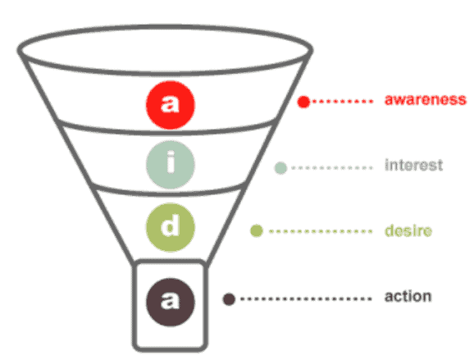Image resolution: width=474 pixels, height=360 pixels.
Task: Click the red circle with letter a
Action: point(171,105)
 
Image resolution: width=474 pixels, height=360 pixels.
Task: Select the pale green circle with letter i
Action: point(171,165)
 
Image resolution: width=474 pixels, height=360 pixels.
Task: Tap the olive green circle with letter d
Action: point(171,227)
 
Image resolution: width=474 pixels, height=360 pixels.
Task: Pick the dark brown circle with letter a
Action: point(171,302)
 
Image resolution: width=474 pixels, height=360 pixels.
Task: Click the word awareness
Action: point(426,99)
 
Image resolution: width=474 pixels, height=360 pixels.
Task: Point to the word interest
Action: point(413,165)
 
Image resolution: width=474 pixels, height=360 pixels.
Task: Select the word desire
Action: point(408,230)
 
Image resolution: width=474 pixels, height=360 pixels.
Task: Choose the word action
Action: point(408,296)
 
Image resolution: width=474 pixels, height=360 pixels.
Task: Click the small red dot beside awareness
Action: point(303,102)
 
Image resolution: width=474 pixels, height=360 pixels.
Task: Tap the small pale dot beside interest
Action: point(280,168)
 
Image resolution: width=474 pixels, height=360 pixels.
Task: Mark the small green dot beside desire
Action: point(257,231)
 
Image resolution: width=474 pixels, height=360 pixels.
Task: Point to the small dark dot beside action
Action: point(229,299)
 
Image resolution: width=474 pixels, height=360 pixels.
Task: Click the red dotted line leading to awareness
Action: point(343,102)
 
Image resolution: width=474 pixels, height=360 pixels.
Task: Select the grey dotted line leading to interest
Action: point(331,168)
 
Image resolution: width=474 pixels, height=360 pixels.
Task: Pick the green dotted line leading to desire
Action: point(321,231)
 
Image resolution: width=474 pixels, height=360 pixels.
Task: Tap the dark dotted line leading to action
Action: point(306,299)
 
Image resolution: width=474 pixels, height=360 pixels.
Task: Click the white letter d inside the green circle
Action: point(170,226)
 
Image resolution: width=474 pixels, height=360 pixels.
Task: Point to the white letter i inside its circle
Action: point(171,162)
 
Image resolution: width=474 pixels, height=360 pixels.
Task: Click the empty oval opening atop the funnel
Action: point(165,50)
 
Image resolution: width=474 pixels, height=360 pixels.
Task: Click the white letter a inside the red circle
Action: point(170,103)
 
